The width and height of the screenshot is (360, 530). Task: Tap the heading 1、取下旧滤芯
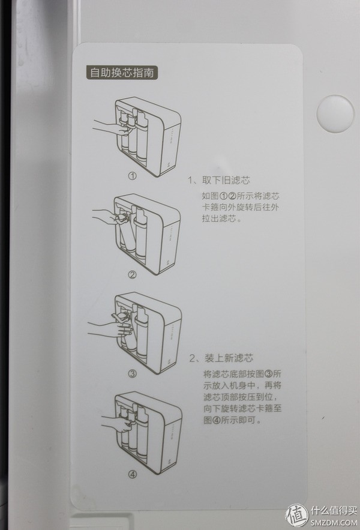coord(219,180)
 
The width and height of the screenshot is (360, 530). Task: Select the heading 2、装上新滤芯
coord(220,359)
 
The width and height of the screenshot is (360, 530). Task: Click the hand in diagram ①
coord(108,127)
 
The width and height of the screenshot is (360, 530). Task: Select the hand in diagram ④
coord(108,420)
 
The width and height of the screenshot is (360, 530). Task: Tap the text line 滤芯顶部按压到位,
coord(240,397)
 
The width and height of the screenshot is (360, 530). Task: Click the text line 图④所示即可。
coord(233,421)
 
